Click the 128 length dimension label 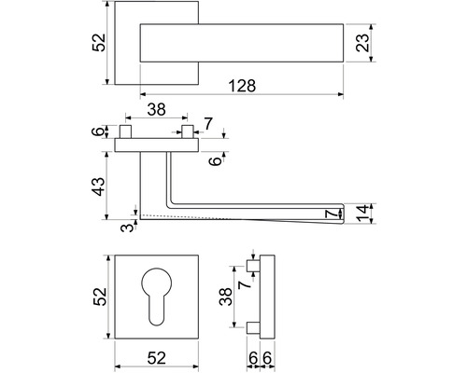tap(242, 86)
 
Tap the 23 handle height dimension tap(362, 43)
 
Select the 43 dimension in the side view tap(100, 186)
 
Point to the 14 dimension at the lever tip tap(362, 214)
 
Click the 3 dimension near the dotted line tap(127, 228)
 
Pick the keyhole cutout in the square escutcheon tap(156, 297)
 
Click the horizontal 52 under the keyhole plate tap(156, 358)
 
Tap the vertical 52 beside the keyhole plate tap(100, 297)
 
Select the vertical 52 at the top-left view tap(99, 43)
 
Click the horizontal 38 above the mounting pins tap(156, 110)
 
